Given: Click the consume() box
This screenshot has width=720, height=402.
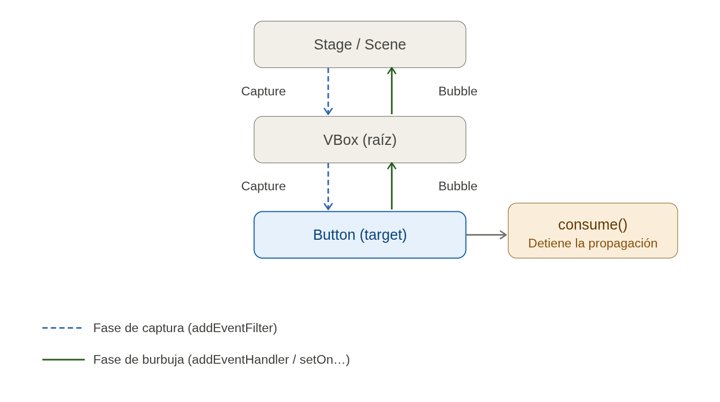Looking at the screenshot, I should tap(592, 224).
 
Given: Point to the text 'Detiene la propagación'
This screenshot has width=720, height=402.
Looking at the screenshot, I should tap(592, 243).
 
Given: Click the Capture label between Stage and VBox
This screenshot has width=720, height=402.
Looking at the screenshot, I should tap(263, 91).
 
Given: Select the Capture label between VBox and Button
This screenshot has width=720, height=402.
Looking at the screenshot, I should tap(263, 186).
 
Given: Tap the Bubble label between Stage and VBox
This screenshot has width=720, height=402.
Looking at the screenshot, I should tap(458, 91).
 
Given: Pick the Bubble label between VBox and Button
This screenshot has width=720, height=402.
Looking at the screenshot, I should tap(458, 186).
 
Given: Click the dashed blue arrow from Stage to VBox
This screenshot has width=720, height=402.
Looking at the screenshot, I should tap(328, 92).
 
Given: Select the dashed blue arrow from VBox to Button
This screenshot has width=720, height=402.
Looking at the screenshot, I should tap(328, 187).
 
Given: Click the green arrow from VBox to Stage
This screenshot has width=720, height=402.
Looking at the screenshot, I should tap(392, 92).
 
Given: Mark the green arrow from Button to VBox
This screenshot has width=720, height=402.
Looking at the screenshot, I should tap(392, 187).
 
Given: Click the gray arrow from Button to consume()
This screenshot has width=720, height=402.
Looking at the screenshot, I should tap(486, 235).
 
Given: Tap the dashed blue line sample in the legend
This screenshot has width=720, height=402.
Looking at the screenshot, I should tap(62, 328).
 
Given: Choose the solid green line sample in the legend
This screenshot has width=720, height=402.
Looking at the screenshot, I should tap(63, 360).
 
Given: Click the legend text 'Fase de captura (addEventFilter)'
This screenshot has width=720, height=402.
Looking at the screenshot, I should tap(185, 328).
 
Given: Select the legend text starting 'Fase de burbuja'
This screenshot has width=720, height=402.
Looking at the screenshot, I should tap(221, 360).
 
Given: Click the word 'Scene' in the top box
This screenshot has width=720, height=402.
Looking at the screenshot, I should tap(385, 45).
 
